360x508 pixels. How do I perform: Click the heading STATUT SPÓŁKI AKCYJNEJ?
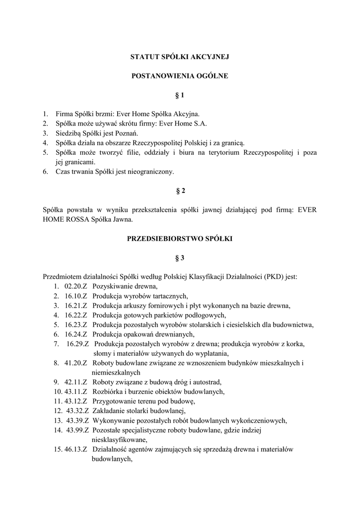[180, 57]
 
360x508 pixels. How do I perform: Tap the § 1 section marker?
[180, 95]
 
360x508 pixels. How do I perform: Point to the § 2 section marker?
[180, 191]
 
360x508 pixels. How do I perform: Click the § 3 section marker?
[180, 258]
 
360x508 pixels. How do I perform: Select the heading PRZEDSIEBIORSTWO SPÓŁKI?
[180, 239]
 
